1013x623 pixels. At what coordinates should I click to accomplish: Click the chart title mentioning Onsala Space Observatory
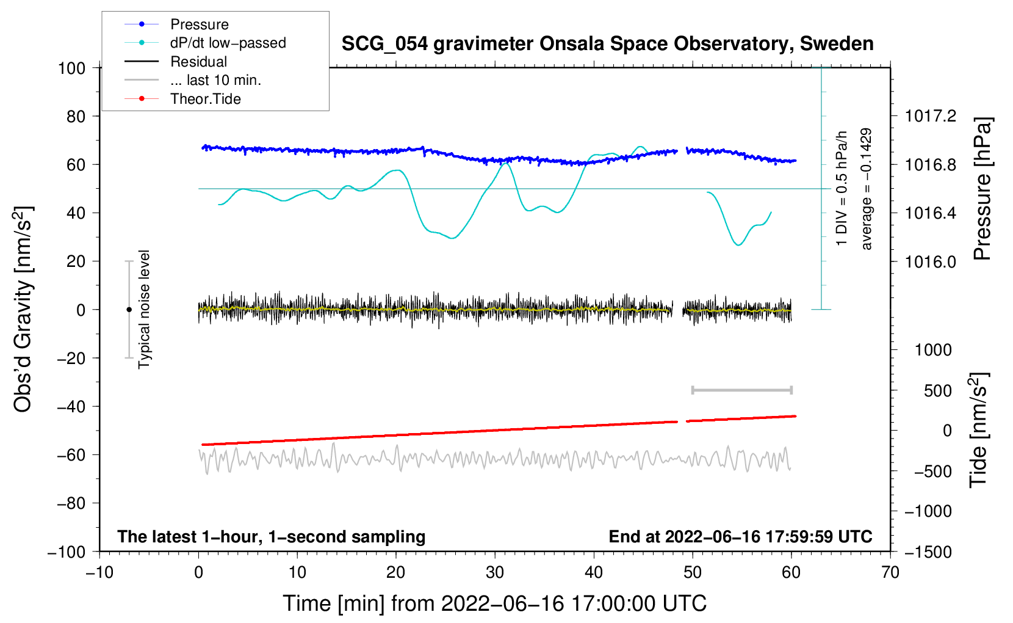607,44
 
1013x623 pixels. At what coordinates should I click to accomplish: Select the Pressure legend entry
199,24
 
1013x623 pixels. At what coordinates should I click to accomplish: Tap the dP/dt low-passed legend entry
228,43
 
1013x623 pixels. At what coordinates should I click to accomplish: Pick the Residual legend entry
198,62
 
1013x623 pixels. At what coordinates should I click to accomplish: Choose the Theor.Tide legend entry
205,99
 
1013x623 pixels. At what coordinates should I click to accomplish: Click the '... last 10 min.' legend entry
215,80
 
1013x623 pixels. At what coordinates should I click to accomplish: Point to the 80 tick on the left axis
76,116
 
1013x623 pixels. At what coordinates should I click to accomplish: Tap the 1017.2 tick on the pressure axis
931,116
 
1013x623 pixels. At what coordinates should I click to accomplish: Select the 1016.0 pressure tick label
931,261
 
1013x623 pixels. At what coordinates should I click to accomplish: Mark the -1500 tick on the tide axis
928,552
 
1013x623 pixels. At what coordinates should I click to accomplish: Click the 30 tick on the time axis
495,572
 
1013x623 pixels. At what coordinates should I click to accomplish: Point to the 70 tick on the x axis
890,572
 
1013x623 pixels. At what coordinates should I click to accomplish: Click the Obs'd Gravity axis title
23,309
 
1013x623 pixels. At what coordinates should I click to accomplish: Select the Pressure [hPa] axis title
981,189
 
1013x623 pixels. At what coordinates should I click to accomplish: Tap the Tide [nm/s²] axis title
978,430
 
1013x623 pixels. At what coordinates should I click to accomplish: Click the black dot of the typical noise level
129,310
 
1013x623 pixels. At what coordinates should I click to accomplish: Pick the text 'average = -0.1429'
867,189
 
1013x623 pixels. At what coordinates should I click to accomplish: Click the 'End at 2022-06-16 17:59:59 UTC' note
740,536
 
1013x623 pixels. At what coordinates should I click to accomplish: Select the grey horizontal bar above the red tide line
741,390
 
